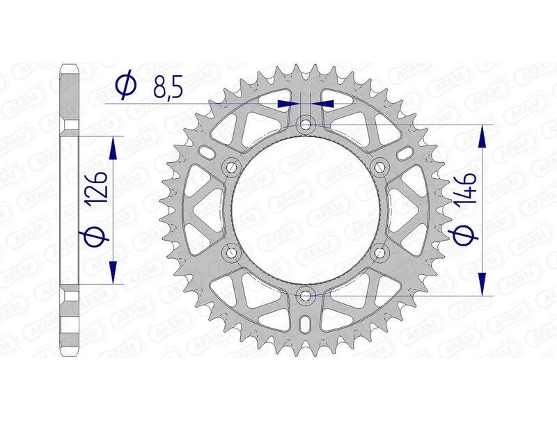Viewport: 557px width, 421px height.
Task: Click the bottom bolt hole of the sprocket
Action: [x=305, y=296]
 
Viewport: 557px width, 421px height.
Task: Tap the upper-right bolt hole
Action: [x=379, y=167]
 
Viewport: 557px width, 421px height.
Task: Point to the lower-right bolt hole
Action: [x=379, y=253]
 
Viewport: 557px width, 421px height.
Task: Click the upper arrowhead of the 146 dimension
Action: [x=480, y=137]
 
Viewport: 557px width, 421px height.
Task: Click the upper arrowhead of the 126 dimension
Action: [x=112, y=146]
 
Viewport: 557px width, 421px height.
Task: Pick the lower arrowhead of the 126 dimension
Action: [x=112, y=272]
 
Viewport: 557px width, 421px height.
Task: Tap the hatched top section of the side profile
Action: [x=68, y=94]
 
